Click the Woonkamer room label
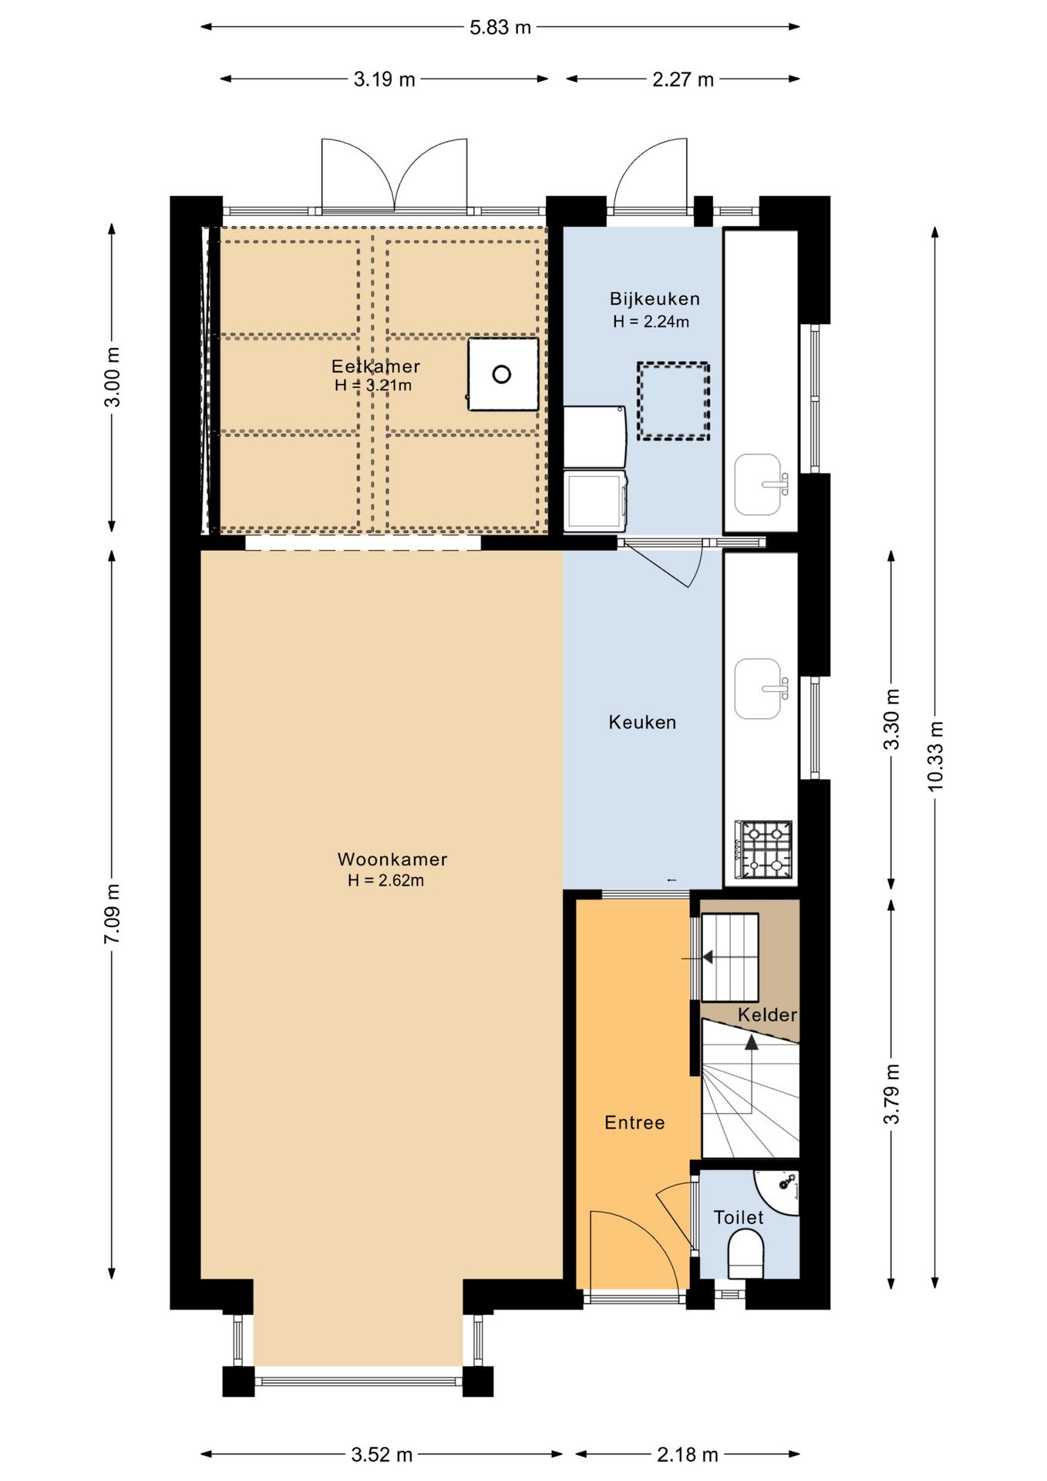tap(392, 859)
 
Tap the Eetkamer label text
tap(375, 366)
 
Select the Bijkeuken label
tap(655, 299)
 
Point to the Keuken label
tap(642, 722)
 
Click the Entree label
tap(635, 1122)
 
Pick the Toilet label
tap(739, 1217)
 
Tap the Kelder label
tap(767, 1014)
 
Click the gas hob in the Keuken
tap(764, 849)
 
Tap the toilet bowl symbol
tap(746, 1253)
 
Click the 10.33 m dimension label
tap(935, 756)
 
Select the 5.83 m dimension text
tap(500, 27)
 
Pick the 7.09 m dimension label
tap(113, 913)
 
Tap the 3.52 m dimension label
tap(382, 1455)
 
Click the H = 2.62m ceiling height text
tap(385, 880)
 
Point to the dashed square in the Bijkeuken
tap(673, 401)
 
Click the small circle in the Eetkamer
tap(502, 374)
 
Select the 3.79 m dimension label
tap(892, 1094)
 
